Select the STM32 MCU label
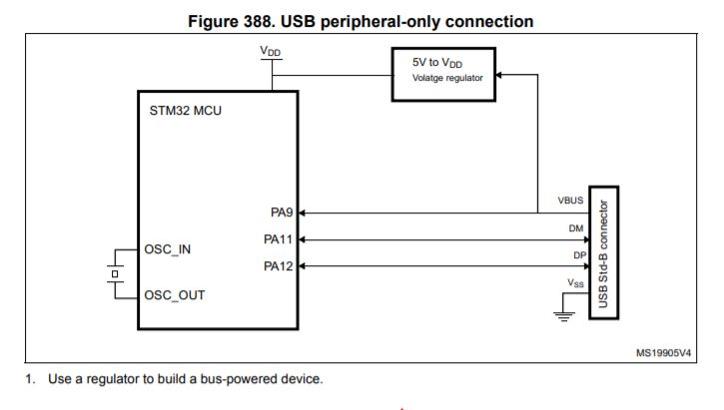tap(186, 110)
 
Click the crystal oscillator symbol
tap(115, 272)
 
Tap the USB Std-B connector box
tap(602, 252)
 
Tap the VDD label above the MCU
tap(270, 49)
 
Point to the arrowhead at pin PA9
tap(305, 212)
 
